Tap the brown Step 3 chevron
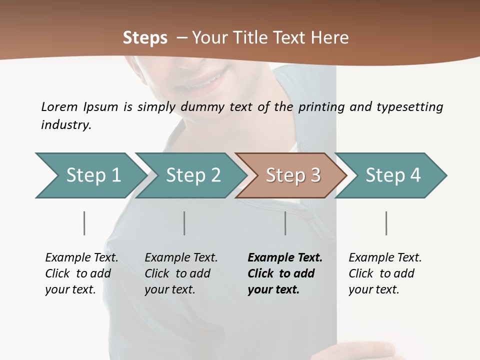tap(292, 175)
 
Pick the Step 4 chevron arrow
tap(392, 175)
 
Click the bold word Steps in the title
tap(145, 38)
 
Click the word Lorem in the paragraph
tap(59, 107)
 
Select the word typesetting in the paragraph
tap(409, 107)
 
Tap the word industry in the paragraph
tap(66, 125)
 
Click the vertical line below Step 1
tap(84, 223)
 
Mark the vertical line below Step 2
tap(184, 223)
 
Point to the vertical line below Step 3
tap(285, 223)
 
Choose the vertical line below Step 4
tap(386, 223)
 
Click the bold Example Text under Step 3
tap(285, 258)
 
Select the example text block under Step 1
tap(81, 273)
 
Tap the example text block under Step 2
tap(181, 273)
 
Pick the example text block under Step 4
tap(385, 273)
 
